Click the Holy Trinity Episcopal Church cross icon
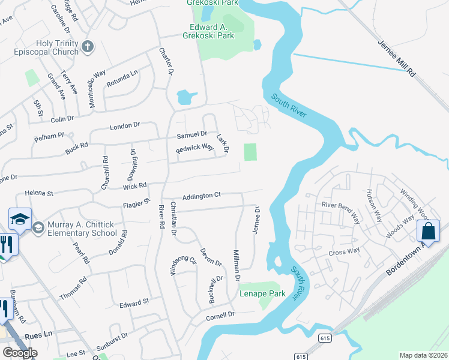point(88,46)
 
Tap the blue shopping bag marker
point(429,230)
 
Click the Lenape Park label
point(262,293)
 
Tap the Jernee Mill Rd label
point(396,58)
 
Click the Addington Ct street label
point(202,196)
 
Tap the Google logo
point(20,353)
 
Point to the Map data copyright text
point(423,355)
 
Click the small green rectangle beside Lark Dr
point(250,152)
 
